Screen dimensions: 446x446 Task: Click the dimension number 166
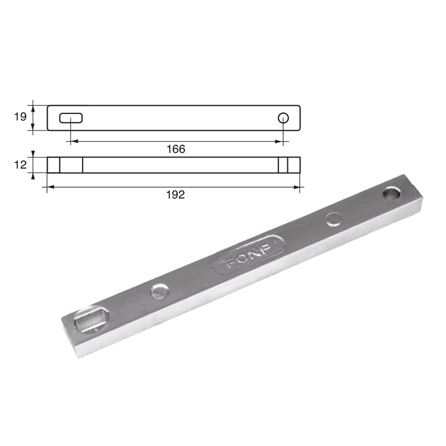[x=176, y=149]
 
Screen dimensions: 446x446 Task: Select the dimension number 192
[x=176, y=194]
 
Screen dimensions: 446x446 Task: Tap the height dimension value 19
[x=20, y=117]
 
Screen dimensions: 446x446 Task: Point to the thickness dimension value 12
[x=20, y=164]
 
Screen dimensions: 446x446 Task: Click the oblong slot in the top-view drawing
[x=71, y=118]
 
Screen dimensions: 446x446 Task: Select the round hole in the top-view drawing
[x=284, y=118]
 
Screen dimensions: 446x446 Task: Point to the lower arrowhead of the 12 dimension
[x=33, y=176]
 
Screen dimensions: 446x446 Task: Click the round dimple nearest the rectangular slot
[x=159, y=292]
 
